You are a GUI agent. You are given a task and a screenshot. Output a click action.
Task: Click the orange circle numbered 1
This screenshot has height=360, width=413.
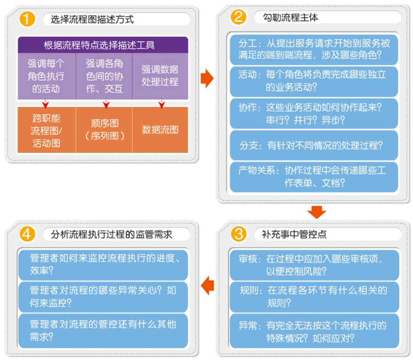pyautogui.click(x=27, y=19)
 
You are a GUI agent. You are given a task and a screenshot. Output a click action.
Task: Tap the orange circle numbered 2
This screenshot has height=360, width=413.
pyautogui.click(x=238, y=17)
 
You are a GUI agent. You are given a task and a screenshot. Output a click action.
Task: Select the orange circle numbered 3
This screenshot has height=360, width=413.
pyautogui.click(x=238, y=234)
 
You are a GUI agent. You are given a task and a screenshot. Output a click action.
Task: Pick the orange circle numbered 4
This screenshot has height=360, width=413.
pyautogui.click(x=27, y=234)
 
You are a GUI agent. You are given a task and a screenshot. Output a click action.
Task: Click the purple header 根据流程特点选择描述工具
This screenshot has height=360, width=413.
pyautogui.click(x=103, y=45)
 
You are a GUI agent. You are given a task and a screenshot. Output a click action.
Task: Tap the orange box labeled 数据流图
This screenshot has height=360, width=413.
pyautogui.click(x=160, y=130)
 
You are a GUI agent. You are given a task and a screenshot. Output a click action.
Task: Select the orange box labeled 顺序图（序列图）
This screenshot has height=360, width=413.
pyautogui.click(x=104, y=130)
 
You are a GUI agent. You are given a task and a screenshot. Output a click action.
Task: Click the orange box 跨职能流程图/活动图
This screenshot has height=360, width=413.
pyautogui.click(x=46, y=130)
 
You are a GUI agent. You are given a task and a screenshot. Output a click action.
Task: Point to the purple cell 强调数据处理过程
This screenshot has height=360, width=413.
pyautogui.click(x=160, y=76)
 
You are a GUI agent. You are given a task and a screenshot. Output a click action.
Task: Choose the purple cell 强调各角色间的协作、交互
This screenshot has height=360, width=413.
pyautogui.click(x=104, y=76)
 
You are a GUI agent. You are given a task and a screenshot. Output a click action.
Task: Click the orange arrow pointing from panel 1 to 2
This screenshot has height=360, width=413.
pyautogui.click(x=207, y=78)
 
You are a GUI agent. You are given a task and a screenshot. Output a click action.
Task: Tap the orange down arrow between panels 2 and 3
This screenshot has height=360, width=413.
pyautogui.click(x=317, y=212)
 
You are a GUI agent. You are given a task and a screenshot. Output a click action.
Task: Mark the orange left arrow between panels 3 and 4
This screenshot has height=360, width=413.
pyautogui.click(x=208, y=285)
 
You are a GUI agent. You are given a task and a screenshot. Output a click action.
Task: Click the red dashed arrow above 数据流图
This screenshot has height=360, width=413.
pyautogui.click(x=162, y=104)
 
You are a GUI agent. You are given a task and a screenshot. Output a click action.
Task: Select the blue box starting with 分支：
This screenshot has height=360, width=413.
pyautogui.click(x=314, y=145)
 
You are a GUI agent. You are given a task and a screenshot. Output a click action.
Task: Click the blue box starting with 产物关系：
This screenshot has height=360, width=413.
pyautogui.click(x=314, y=177)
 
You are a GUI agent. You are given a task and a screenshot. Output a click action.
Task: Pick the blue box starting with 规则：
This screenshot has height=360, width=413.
pyautogui.click(x=314, y=297)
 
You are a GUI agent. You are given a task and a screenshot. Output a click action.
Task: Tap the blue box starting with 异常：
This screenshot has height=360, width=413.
pyautogui.click(x=314, y=331)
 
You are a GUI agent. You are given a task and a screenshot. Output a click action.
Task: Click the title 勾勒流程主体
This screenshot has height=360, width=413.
pyautogui.click(x=290, y=17)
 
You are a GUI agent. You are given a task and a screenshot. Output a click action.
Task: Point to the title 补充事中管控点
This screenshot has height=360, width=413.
pyautogui.click(x=294, y=234)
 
